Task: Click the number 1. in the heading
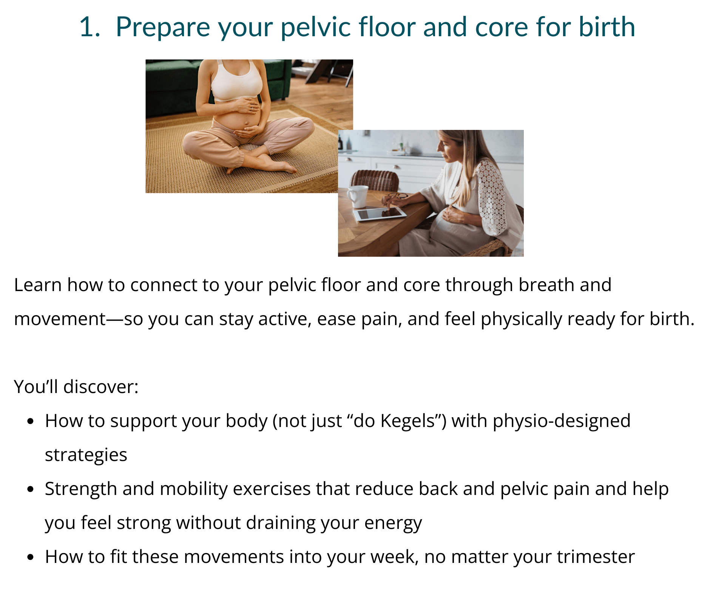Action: point(90,27)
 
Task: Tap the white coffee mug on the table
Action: point(357,196)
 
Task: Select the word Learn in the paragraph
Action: point(38,285)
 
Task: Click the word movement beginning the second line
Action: point(60,319)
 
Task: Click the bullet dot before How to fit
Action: point(31,557)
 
